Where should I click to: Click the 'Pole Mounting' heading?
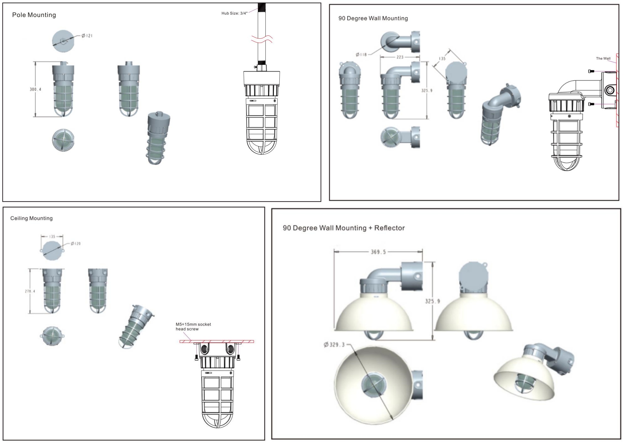[34, 15]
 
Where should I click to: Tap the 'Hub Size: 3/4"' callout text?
[234, 13]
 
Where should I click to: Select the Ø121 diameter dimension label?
[87, 36]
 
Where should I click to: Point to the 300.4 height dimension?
[35, 89]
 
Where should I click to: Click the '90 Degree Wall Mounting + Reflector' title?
[344, 228]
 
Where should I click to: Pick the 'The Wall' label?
[603, 58]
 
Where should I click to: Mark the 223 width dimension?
[400, 57]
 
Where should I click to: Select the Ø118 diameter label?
[361, 55]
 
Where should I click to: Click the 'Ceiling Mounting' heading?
[32, 218]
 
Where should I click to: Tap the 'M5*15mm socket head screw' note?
[193, 327]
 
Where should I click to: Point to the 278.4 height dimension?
[30, 291]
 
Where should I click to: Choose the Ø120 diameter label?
[75, 243]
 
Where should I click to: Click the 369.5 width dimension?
[378, 252]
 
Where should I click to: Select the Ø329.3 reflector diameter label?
[334, 345]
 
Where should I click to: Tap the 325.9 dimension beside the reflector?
[432, 301]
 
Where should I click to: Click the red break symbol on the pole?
[262, 40]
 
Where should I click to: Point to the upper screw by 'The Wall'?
[591, 71]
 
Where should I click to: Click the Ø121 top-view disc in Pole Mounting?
[63, 41]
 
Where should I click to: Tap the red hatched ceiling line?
[217, 342]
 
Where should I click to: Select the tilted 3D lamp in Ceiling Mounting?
[136, 326]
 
